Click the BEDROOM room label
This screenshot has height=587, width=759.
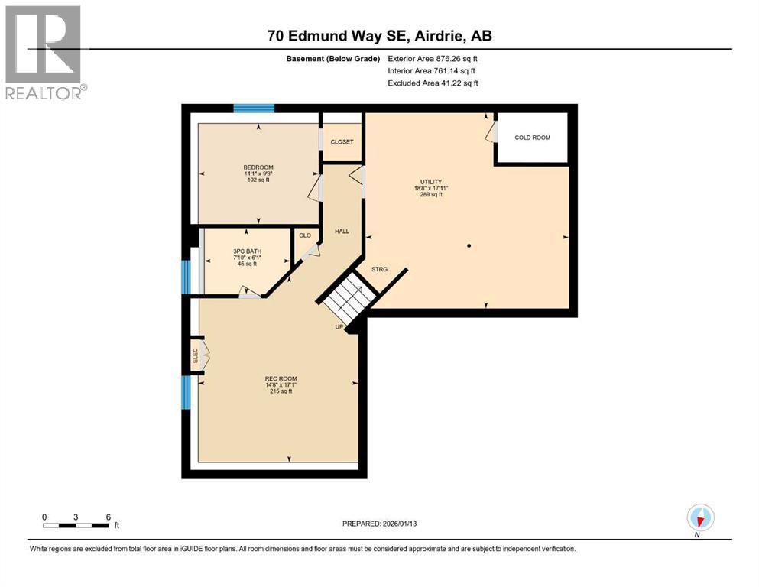click(x=258, y=167)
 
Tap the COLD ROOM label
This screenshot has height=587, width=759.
click(x=532, y=138)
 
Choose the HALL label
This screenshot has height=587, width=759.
click(x=341, y=230)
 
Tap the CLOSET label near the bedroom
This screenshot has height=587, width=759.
click(x=342, y=142)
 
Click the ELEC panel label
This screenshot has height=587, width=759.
click(x=195, y=355)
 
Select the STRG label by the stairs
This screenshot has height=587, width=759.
click(x=379, y=270)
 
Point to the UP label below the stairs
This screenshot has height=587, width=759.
click(x=339, y=326)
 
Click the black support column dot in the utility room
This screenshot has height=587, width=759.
click(x=469, y=246)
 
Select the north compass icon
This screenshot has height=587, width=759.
click(x=700, y=517)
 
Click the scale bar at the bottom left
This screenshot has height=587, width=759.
click(x=76, y=524)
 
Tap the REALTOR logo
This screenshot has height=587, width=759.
click(x=44, y=52)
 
